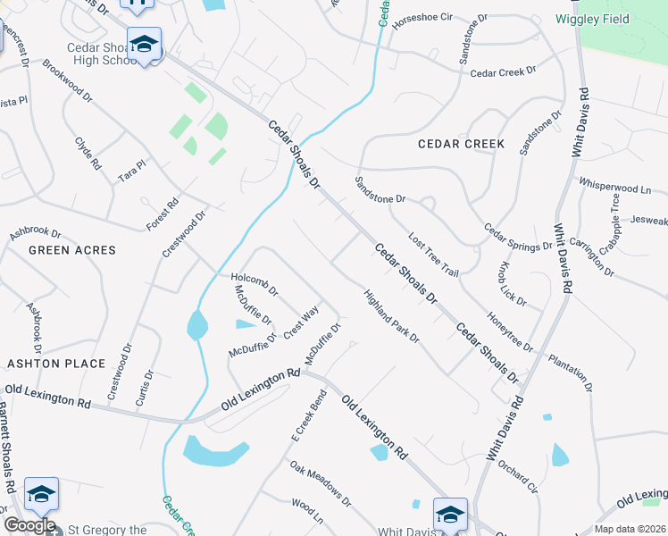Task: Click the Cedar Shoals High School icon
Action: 143,44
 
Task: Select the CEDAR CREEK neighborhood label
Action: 461,144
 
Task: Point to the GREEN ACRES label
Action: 72,250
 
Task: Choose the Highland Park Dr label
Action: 391,316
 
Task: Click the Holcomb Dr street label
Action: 255,284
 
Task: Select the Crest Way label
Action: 301,322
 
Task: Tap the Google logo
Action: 29,525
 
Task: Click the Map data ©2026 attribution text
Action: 630,529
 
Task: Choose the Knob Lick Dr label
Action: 513,285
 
